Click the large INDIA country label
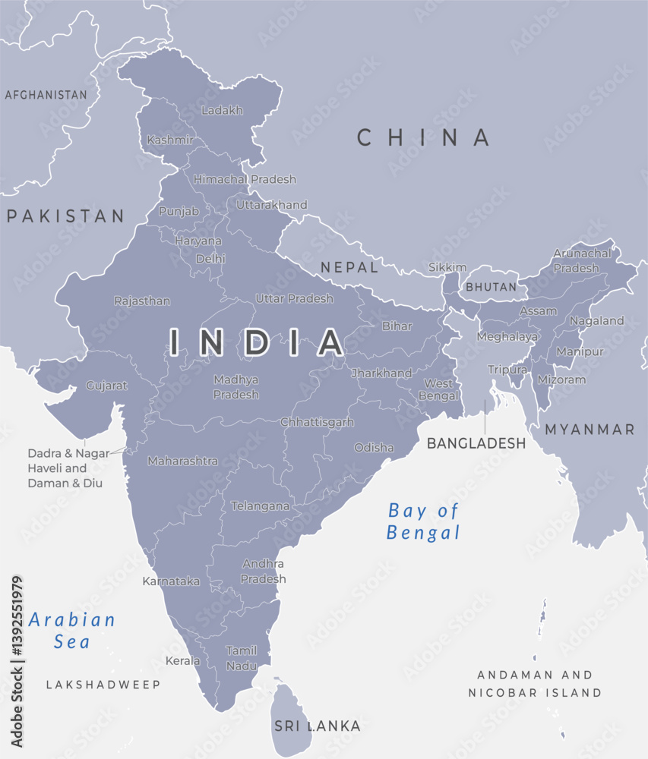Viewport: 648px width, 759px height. [257, 342]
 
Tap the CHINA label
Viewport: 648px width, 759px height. [424, 137]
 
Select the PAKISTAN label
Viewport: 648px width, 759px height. [65, 216]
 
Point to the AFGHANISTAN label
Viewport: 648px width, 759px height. [46, 95]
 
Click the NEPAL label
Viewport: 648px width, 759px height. [349, 267]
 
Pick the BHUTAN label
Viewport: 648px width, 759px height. [491, 288]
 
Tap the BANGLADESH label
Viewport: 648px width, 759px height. [476, 443]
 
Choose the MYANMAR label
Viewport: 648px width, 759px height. [590, 430]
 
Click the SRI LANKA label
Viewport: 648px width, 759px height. [318, 726]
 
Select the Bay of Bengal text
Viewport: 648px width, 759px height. [424, 521]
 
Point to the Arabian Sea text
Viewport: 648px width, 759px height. [72, 631]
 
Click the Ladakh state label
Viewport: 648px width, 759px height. [223, 111]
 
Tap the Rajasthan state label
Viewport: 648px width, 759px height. [142, 301]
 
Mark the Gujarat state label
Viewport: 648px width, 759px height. [107, 386]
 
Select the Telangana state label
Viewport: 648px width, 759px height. [261, 505]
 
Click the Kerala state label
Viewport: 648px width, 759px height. [183, 661]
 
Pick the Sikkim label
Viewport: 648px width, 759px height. [447, 267]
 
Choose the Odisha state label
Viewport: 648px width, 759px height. [374, 448]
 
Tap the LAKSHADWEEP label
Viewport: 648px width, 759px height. [103, 685]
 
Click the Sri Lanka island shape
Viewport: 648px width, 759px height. [293, 717]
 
